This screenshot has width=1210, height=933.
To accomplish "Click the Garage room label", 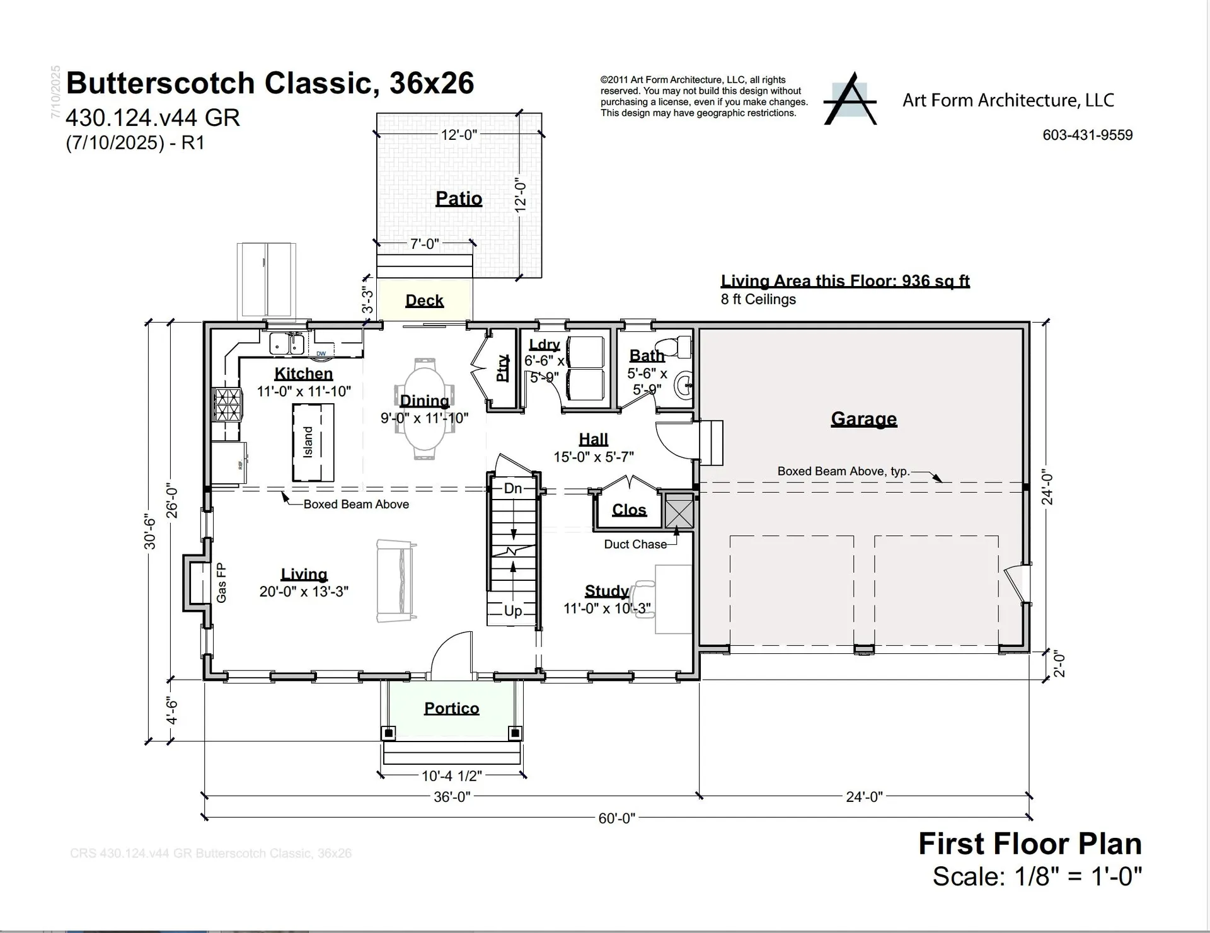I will [x=863, y=418].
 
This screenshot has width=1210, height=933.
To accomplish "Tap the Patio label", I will [x=459, y=198].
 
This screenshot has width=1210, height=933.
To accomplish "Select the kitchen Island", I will [x=313, y=442].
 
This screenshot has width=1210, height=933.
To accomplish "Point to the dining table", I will [x=425, y=409].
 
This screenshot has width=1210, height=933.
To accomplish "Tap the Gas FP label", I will [x=221, y=583].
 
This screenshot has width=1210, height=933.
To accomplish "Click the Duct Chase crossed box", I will [x=679, y=511].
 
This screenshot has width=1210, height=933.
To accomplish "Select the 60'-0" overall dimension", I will [x=616, y=818].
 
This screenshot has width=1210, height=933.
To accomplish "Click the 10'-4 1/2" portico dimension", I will [x=452, y=776].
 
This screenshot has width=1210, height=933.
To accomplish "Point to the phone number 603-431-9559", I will [x=1087, y=135].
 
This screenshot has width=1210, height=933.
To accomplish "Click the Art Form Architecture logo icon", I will [x=851, y=100].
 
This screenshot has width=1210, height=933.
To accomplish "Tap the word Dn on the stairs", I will [x=513, y=488].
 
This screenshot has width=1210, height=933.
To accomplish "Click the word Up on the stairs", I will [x=513, y=610].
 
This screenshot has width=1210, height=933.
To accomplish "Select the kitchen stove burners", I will [x=228, y=404].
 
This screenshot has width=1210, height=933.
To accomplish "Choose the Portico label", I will [x=451, y=709].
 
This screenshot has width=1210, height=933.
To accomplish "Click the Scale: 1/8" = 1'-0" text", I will [x=1037, y=876].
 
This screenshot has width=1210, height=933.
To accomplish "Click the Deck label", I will [x=424, y=301].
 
